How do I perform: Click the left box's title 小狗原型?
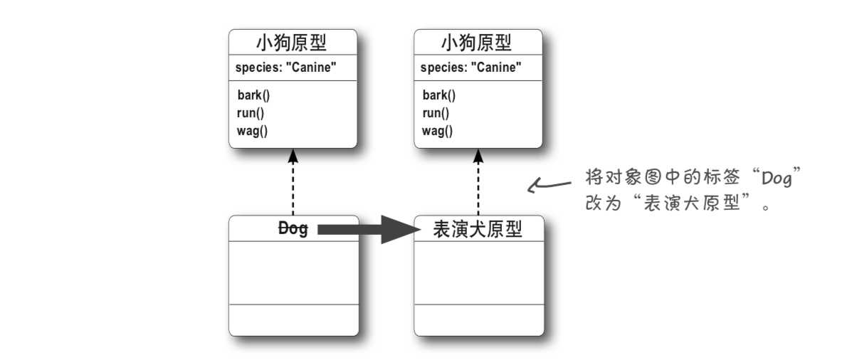click(292, 43)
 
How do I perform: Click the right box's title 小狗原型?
click(477, 43)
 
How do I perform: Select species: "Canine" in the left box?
click(285, 68)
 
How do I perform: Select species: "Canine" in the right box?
click(470, 68)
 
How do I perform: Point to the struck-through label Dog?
click(293, 229)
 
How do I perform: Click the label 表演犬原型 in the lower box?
click(478, 229)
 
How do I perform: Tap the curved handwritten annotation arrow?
click(548, 186)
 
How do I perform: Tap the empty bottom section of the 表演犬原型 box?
click(478, 319)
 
